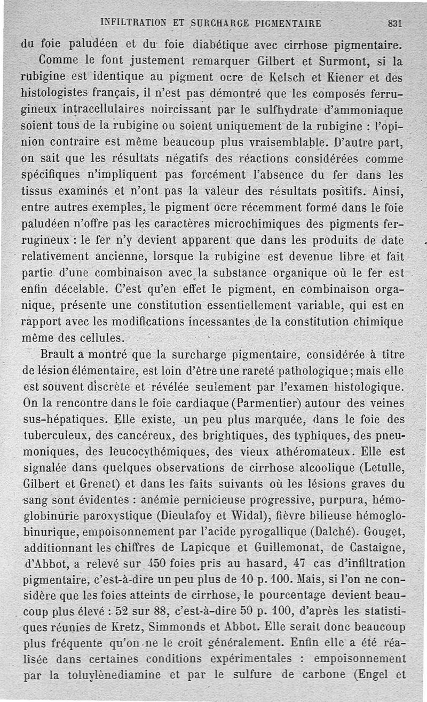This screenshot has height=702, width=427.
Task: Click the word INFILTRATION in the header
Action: click(x=136, y=23)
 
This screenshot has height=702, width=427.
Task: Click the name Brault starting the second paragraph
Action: click(x=60, y=355)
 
